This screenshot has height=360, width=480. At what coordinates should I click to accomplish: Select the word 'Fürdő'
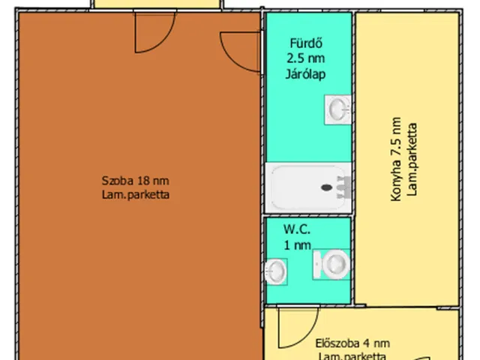coord(308,43)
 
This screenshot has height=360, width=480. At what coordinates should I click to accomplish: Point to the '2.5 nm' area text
coord(308,58)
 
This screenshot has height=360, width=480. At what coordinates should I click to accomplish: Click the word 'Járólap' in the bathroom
coord(308,73)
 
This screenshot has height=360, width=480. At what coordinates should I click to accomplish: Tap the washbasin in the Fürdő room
coord(337,109)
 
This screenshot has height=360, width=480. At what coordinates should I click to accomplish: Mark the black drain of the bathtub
coord(327,188)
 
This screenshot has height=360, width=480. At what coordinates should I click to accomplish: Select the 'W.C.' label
coord(297,229)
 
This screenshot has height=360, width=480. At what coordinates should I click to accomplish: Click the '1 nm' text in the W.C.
coord(297,244)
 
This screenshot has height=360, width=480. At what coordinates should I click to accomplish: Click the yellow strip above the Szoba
coord(157,4)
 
